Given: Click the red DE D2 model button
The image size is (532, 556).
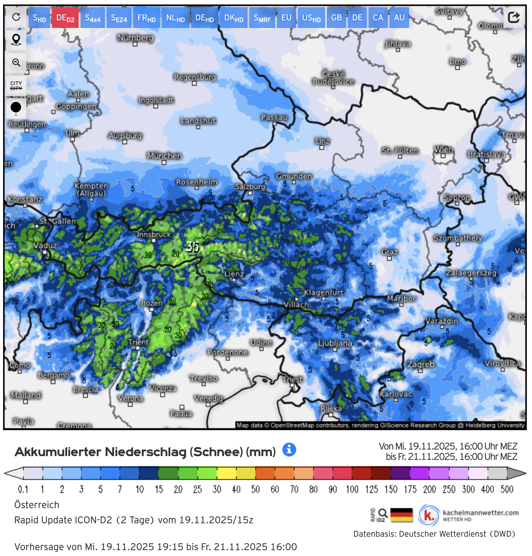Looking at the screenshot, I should pos(65,18).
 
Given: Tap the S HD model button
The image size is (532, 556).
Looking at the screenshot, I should pos(39,18).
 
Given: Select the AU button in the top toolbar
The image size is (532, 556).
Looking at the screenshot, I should pos(399,18).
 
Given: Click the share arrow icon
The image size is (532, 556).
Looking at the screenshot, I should pos(514,17).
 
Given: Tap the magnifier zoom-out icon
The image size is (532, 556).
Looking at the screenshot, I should pos(16,62).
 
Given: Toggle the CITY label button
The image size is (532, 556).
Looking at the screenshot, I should pos(16,85).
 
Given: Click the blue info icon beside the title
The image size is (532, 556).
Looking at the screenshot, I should pos(289,449).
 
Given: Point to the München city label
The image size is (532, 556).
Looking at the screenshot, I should pos(164,156).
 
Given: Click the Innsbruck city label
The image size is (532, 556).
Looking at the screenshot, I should pos(154,235).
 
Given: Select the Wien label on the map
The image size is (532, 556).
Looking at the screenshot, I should pos(443,150).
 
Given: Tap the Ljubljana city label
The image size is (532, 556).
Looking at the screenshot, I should pos(335,343).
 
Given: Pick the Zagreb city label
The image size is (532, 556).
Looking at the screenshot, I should pos(420,364).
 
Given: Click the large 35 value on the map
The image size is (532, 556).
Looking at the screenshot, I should pos(192,246).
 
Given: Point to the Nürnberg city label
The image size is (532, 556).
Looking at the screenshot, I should pos(135,38).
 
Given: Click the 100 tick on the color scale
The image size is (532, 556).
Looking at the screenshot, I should pos(352,489).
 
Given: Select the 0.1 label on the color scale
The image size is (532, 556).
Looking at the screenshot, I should pos(23,489).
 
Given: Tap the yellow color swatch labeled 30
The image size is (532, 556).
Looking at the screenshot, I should pos(226,473).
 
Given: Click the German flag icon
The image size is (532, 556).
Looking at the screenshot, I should pos(401,515).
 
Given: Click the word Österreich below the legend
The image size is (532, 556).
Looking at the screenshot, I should pos(37,505).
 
